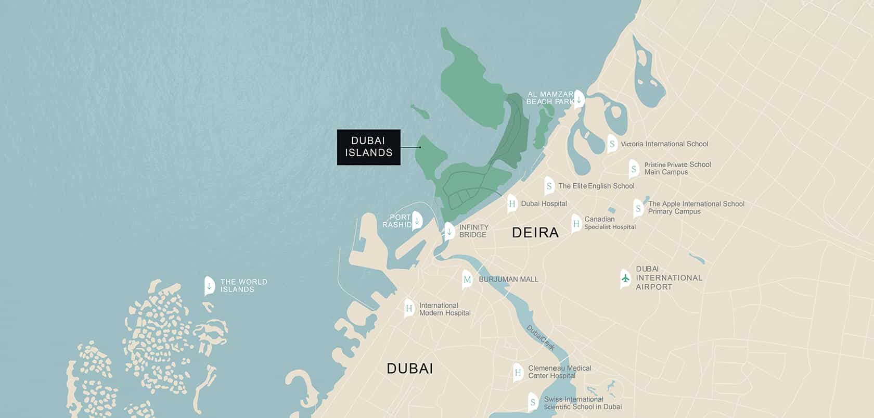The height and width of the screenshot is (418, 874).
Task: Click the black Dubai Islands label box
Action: pos(368,147)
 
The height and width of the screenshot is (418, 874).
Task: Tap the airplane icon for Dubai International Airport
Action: pos(625,278)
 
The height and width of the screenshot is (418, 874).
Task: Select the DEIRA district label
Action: pos(535,233)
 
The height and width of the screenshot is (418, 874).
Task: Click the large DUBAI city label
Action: pos(409,369)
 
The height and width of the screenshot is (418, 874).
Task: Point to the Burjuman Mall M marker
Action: pos(467,280)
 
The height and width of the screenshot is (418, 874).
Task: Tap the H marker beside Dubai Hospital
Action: pos(512,204)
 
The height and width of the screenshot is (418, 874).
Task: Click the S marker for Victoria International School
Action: pos(612,144)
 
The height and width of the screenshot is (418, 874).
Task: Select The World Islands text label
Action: pos(243,286)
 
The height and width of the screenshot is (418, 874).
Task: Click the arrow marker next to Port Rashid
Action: pos(417,221)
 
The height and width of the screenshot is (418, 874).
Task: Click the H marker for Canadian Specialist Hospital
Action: pos(576,224)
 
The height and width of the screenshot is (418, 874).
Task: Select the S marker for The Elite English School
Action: pos(549,186)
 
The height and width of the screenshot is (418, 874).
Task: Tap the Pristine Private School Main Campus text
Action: pos(677,168)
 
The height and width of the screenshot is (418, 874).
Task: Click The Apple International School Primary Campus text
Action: pos(696,208)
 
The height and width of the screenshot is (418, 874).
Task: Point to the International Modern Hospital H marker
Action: pos(409,309)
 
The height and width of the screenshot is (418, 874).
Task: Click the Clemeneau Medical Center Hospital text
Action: pos(559,372)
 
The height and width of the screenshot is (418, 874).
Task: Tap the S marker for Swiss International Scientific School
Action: pos(532,402)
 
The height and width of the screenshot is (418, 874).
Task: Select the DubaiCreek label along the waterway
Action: pos(541,337)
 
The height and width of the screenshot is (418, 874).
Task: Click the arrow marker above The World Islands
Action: pos(209,286)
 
